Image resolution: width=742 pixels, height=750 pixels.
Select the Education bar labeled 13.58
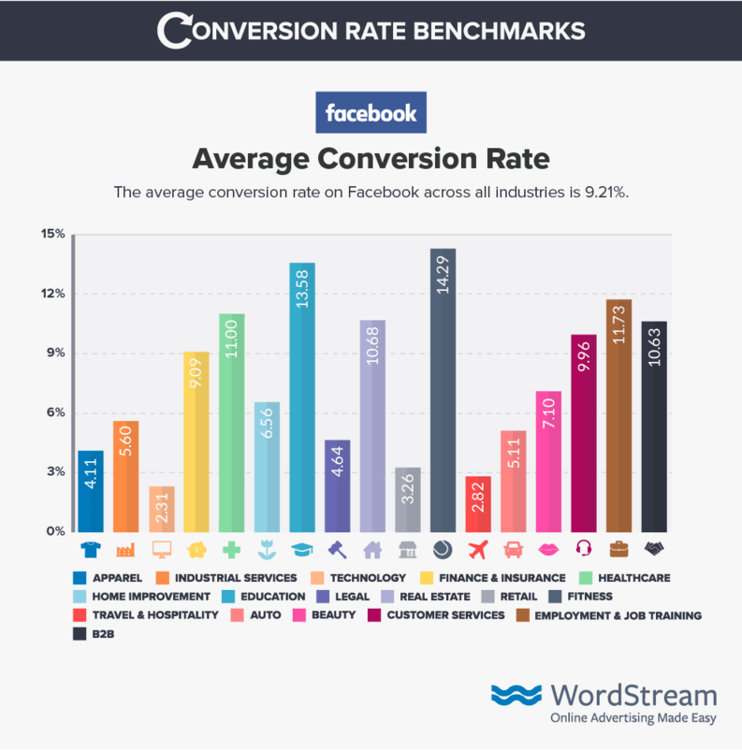(x=301, y=397)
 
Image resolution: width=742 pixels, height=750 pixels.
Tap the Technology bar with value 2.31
(x=161, y=509)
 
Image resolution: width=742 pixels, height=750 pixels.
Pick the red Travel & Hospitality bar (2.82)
(x=478, y=504)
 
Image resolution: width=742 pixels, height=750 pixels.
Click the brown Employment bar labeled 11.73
(x=619, y=415)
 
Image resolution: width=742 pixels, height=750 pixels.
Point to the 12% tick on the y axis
(x=52, y=294)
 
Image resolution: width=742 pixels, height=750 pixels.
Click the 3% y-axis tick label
(x=55, y=472)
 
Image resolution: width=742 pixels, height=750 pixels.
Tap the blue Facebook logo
(x=371, y=113)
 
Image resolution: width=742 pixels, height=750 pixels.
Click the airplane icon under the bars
(x=478, y=549)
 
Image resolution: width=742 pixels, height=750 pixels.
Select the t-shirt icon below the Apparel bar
(x=91, y=549)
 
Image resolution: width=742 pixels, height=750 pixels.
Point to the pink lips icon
(x=548, y=549)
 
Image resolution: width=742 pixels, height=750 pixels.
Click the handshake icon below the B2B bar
(x=654, y=549)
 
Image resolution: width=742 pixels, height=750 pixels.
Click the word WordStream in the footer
(x=633, y=696)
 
